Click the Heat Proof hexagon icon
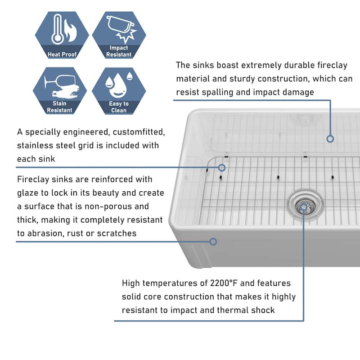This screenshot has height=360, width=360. [62, 35]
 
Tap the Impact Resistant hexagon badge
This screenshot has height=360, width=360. [119, 35]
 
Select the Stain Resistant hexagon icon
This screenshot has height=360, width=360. [60, 90]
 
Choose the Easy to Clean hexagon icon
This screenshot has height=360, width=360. [119, 90]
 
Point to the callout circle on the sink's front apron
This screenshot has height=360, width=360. [213, 242]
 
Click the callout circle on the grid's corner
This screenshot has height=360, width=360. [221, 167]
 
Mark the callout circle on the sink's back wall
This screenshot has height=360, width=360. [330, 139]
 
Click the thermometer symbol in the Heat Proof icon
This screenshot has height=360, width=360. [57, 30]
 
